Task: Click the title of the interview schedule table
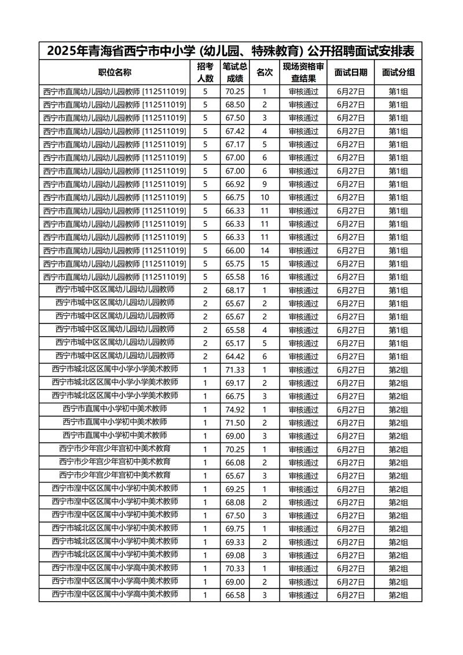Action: [x=230, y=51]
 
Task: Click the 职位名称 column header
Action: [x=115, y=72]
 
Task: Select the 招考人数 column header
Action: [x=205, y=72]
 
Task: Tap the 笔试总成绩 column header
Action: [x=235, y=72]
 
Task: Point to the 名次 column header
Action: [x=264, y=72]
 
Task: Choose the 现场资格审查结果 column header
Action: [x=303, y=72]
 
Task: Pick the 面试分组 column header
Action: [x=398, y=72]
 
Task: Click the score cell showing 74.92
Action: [x=236, y=409]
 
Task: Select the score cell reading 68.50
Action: [x=236, y=105]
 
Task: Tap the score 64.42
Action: [x=236, y=356]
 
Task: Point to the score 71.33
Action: [x=236, y=370]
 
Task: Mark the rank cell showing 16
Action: [x=264, y=277]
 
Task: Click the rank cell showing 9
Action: [x=264, y=184]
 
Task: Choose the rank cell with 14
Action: [x=264, y=251]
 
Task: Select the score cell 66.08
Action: [x=236, y=462]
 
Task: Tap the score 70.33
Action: [x=236, y=568]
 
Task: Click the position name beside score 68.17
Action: [x=115, y=290]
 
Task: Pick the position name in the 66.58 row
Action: [x=115, y=594]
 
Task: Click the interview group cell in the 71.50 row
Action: [x=398, y=422]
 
